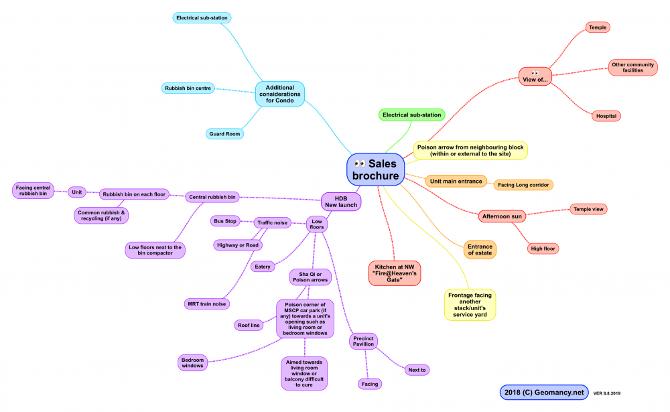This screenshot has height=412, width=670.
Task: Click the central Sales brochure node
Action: point(376,169)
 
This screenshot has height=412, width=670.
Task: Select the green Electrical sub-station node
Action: point(412,115)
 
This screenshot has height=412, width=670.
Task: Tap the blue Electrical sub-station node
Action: point(202,17)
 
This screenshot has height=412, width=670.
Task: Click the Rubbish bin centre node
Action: point(188,88)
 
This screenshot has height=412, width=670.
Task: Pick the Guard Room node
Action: point(224,133)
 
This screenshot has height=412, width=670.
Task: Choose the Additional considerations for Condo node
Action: point(279,94)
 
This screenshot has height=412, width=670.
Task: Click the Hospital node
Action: point(606,116)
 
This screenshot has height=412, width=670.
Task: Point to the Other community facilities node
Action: point(636,67)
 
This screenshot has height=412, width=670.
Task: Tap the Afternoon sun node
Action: point(502,216)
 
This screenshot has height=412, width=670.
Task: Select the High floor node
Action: point(543,249)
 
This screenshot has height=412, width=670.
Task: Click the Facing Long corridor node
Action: point(525,184)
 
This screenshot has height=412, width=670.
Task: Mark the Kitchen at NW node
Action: point(394,273)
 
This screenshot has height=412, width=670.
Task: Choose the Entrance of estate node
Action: point(480,250)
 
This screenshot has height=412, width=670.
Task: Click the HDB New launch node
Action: point(341,201)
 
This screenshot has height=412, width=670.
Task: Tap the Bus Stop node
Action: point(226,220)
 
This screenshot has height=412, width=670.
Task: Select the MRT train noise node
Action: point(207,303)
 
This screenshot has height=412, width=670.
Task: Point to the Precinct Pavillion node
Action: point(364,342)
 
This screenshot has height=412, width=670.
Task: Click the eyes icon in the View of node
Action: point(535,72)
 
